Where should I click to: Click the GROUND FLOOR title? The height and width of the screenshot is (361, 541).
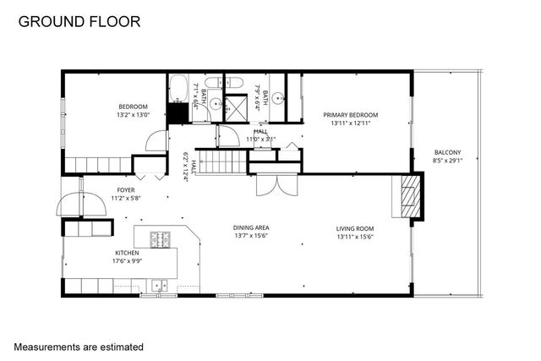coord(80,19)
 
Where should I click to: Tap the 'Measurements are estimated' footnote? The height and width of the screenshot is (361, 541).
coord(79,347)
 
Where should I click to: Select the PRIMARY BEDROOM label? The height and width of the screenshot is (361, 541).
coord(350,115)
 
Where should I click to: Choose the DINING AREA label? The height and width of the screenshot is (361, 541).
coord(251,228)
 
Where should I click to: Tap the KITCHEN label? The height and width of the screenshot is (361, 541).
coord(127,253)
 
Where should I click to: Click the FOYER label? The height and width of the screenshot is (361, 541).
coord(126,190)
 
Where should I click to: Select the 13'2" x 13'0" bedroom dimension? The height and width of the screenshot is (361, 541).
coord(133,115)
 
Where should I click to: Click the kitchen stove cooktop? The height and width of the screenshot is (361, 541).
coord(160,239)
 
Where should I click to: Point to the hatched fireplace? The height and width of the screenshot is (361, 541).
coord(408,196)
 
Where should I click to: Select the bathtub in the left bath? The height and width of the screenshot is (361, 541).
coord(179,89)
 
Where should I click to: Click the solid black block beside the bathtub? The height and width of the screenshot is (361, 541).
coord(178,112)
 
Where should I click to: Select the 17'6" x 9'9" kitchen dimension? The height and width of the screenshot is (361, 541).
coord(127,261)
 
